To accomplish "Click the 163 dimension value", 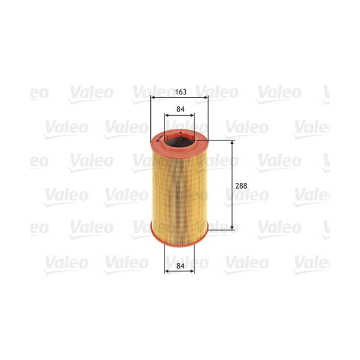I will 180,91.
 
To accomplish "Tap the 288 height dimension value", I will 241,185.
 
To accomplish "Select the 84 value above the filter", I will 179,109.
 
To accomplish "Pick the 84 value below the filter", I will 179,266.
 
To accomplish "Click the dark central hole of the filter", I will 179,142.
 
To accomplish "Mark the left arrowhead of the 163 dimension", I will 152,97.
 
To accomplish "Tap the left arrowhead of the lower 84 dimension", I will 166,271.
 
